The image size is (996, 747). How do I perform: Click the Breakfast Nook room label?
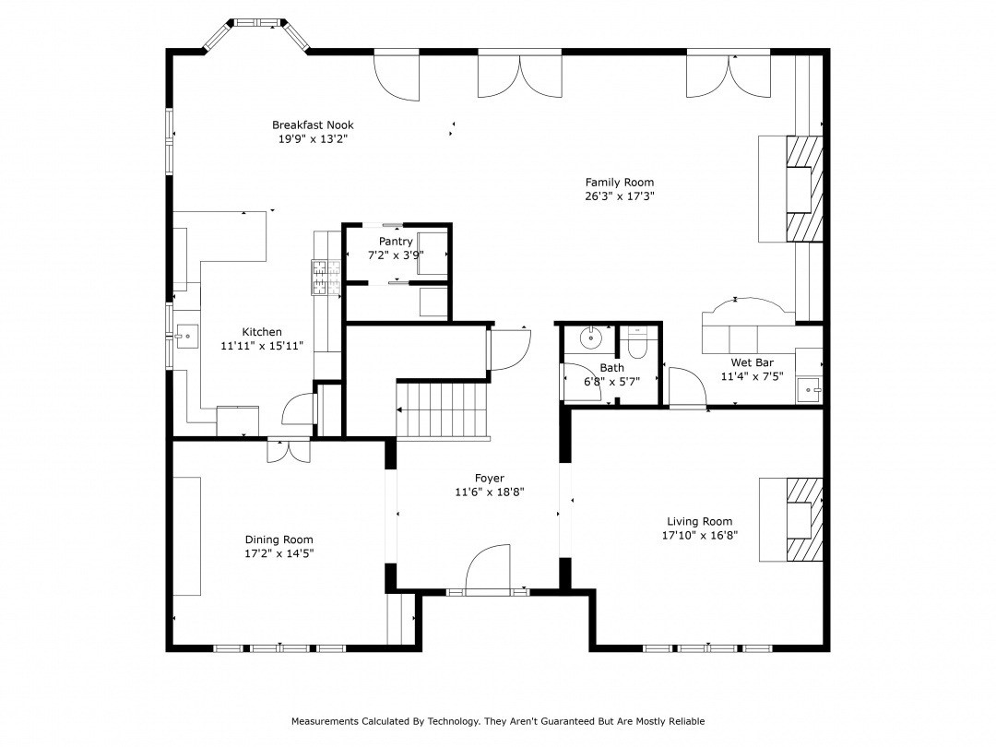coord(313,125)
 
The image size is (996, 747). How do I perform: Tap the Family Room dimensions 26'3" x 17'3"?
coord(619,196)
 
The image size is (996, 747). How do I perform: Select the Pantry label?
coord(396,242)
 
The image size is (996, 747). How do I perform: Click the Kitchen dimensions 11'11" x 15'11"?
coord(262,346)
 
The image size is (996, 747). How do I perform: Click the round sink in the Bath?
coord(590,338)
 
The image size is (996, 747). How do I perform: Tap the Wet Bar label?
coord(752,362)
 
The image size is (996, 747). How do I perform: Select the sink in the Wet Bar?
coord(808,389)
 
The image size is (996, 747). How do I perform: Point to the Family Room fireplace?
coord(800,189)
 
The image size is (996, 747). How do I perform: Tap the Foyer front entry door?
coord(489,570)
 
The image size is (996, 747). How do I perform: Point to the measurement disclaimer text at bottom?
coord(498,721)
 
